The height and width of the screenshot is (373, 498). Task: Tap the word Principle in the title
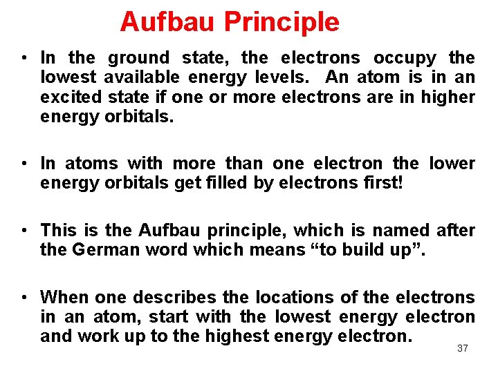coord(282,22)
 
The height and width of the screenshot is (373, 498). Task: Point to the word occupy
coord(405,57)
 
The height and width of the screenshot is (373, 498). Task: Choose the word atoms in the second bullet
coord(91,164)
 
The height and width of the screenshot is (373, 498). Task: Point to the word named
coord(399,230)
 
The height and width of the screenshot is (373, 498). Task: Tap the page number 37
coord(463,349)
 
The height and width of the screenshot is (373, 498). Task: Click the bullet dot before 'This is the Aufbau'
coord(24,231)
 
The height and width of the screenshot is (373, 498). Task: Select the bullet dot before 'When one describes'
coord(24,298)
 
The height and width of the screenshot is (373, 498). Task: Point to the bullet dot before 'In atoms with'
coord(24,164)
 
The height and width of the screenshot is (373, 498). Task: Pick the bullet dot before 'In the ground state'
coord(24,58)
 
